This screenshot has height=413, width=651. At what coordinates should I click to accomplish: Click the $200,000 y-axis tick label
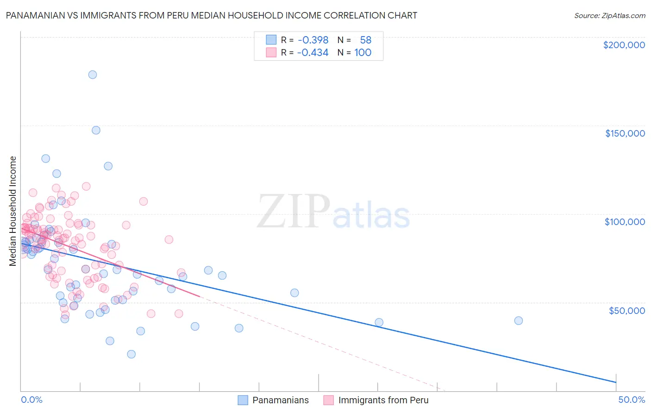point(624,45)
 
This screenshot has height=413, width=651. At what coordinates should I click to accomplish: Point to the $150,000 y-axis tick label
point(625,133)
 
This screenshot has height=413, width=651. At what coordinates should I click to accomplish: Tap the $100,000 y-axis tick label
point(625,222)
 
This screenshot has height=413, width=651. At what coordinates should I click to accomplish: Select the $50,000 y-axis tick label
point(626,310)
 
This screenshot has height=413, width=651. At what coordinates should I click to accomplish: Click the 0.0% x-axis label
point(31,400)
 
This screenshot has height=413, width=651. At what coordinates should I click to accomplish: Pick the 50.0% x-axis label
point(632,400)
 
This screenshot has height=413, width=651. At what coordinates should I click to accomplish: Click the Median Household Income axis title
point(13,211)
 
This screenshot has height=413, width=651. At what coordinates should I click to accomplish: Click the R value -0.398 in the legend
point(313,40)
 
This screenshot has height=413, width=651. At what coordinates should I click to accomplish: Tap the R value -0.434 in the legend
point(313,53)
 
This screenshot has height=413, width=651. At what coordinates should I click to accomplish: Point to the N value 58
point(365,40)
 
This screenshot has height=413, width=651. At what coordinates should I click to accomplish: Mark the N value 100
point(363,53)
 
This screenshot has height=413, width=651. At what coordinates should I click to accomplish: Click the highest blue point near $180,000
point(93,75)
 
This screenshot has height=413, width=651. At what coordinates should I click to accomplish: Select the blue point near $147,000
point(96,130)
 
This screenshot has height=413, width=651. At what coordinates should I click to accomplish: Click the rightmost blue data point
point(519,321)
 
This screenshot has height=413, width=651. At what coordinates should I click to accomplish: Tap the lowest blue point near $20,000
point(131,354)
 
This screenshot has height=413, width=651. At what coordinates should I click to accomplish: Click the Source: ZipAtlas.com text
point(609,16)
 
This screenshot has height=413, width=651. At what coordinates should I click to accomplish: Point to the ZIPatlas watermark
point(333,212)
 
